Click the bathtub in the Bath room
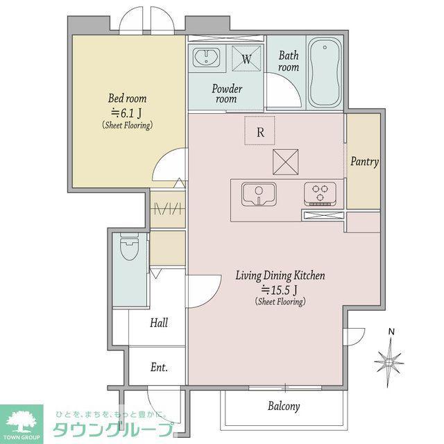(325, 72)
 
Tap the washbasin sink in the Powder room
(206, 57)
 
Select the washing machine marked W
(246, 58)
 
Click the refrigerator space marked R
(259, 130)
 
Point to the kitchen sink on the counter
(259, 194)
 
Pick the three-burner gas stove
(321, 194)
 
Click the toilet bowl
(130, 246)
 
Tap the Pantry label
(364, 162)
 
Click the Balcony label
(284, 407)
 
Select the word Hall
(159, 323)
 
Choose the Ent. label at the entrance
(159, 367)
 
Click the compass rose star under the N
(390, 362)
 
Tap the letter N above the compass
(391, 332)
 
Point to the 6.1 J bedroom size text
(126, 113)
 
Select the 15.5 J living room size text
(279, 289)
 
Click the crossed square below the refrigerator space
(285, 162)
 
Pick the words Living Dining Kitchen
(280, 275)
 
